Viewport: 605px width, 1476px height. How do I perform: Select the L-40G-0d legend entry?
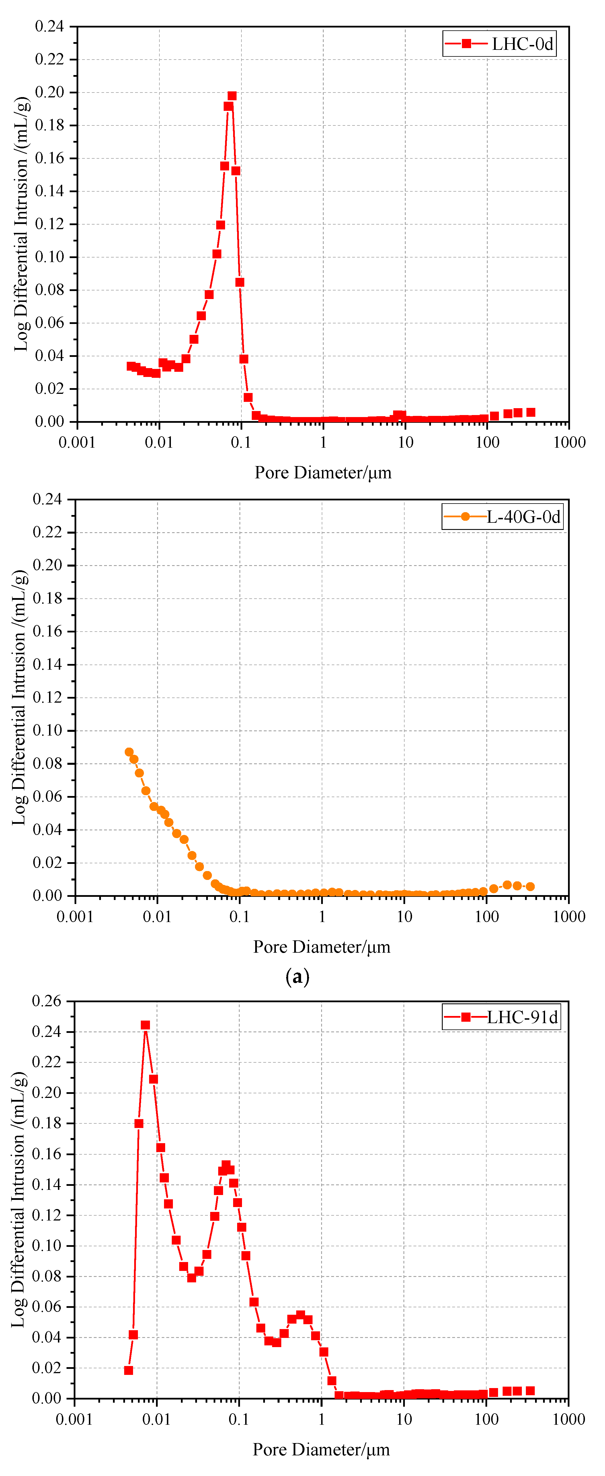(x=502, y=517)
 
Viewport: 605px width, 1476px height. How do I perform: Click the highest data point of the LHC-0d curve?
(x=232, y=96)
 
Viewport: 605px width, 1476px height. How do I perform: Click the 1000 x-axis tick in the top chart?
(x=569, y=442)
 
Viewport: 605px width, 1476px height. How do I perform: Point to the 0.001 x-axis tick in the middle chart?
(x=75, y=916)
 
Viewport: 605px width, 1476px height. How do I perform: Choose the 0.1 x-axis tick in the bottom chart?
(x=239, y=1419)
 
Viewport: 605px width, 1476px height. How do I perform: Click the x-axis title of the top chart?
(x=323, y=473)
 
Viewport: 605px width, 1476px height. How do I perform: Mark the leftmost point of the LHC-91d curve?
(x=128, y=1370)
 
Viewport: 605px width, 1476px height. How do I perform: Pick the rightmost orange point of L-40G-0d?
(x=530, y=887)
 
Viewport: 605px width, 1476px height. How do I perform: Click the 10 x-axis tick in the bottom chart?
(x=404, y=1419)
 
